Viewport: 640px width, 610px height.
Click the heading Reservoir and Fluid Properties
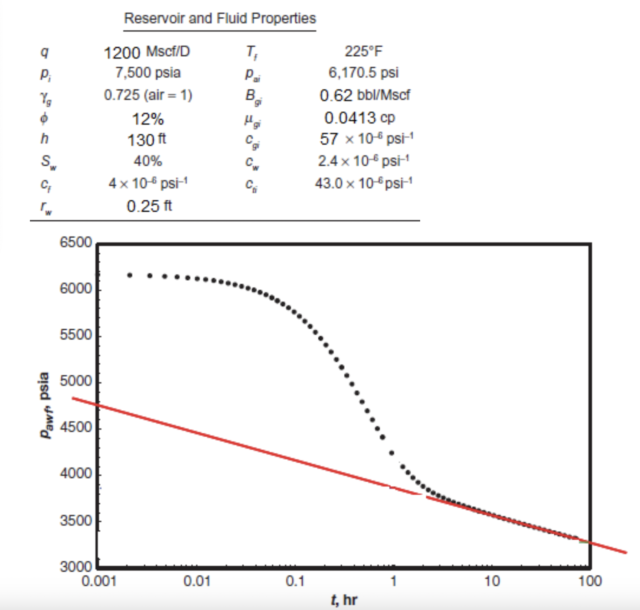pos(220,19)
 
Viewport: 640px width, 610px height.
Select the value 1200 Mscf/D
pos(147,52)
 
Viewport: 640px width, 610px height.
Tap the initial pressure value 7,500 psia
pos(147,73)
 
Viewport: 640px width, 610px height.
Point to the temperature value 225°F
pos(363,52)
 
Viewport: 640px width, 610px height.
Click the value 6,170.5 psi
pos(363,73)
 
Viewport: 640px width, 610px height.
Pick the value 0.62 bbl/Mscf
pos(365,95)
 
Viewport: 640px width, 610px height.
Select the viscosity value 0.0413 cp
pos(359,118)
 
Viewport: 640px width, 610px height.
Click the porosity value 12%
pos(147,119)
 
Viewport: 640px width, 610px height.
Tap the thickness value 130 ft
pos(147,140)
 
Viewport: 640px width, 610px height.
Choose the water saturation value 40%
pos(147,161)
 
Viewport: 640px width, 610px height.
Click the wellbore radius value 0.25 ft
pos(149,206)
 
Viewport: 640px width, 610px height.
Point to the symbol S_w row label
pos(48,162)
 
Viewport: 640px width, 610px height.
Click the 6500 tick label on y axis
pos(76,243)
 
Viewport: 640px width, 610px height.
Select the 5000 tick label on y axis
pos(76,381)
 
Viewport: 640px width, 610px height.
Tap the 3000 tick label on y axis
pos(76,567)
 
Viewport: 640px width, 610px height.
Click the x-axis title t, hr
pos(344,600)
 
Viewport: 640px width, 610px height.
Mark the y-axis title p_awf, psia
pos(45,405)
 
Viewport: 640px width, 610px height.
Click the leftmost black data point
pos(129,275)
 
